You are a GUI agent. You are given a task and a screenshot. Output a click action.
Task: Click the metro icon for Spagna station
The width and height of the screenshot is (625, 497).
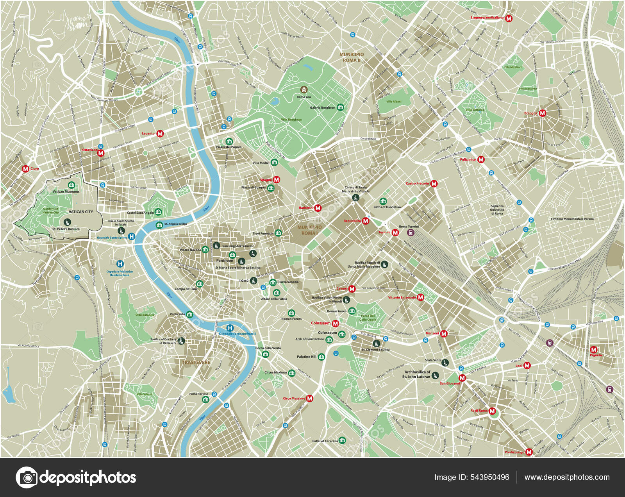coord(276,180)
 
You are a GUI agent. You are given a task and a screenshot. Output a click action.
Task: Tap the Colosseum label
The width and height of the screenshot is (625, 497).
coord(327,333)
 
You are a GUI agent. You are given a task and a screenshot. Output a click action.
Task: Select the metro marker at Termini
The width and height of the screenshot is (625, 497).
coord(395,232)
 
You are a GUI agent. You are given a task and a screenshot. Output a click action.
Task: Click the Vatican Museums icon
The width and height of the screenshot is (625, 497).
coord(71,185)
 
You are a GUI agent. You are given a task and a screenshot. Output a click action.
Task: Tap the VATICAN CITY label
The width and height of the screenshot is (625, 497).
coord(81,212)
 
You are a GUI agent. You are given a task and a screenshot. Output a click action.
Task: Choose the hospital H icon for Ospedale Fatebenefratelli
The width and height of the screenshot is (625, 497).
coord(230,328)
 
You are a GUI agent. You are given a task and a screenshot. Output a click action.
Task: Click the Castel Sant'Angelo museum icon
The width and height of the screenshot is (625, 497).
coord(158,212)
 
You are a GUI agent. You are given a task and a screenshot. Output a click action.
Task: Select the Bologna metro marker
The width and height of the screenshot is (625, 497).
coord(542,113)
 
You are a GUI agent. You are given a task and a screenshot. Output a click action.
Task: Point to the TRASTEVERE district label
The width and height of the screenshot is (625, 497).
coord(196,363)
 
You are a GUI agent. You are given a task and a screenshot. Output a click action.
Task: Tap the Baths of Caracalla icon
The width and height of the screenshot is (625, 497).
coord(342,440)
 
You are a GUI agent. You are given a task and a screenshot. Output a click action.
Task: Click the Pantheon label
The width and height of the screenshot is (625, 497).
coord(225,260)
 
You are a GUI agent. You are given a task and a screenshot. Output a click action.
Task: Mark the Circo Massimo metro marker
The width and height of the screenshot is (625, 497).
coord(309,399)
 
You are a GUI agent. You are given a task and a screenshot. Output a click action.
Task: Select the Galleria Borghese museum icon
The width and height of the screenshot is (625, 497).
coord(340,107)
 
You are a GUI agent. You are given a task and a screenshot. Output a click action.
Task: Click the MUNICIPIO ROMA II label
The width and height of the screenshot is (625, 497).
coord(351,57)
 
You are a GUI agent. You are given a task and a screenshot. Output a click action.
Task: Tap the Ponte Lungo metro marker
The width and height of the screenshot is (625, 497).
coord(529,452)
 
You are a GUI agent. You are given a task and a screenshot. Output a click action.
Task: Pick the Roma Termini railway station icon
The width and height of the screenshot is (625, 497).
coord(410,233)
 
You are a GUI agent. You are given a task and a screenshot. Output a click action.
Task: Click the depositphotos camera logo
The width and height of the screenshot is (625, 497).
coord(27,477)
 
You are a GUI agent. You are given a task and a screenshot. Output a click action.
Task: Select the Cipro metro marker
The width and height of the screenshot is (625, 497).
coord(26,169)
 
